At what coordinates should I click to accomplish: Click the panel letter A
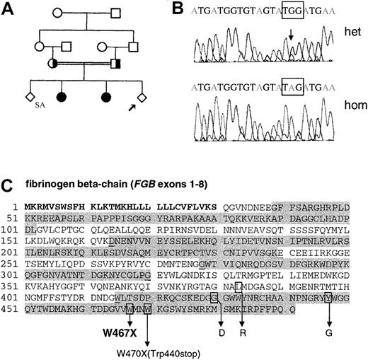tap(10, 9)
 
